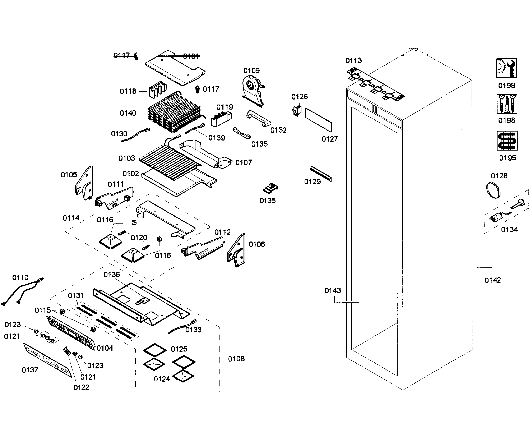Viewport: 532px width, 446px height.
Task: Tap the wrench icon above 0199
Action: tap(506, 68)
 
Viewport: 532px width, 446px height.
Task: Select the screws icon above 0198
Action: tap(507, 104)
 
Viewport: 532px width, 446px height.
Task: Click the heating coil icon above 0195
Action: tap(507, 141)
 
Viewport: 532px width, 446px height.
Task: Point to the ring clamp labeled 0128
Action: tap(493, 190)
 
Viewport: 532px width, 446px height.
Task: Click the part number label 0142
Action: tap(492, 280)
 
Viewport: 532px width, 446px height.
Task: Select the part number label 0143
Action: tap(332, 290)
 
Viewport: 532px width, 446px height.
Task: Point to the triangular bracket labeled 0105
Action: tap(84, 183)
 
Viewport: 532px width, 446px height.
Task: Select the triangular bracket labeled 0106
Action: tap(237, 250)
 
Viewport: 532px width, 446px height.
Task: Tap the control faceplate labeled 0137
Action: tap(47, 360)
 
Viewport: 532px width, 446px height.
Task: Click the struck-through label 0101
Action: tap(191, 56)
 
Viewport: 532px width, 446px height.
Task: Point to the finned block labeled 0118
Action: tap(158, 89)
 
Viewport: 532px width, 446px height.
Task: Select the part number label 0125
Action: tap(179, 349)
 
